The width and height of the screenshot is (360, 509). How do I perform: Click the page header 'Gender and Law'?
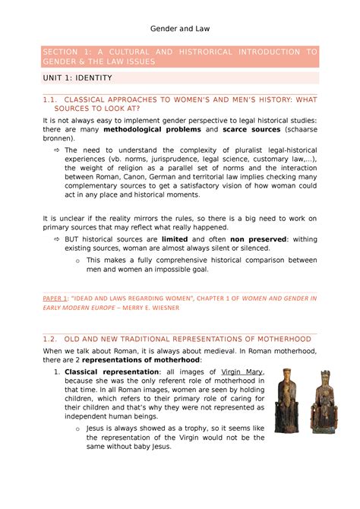pyautogui.click(x=180, y=28)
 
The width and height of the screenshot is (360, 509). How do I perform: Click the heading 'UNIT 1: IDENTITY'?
pyautogui.click(x=77, y=77)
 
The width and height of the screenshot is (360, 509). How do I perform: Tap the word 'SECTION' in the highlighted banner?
pyautogui.click(x=65, y=51)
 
